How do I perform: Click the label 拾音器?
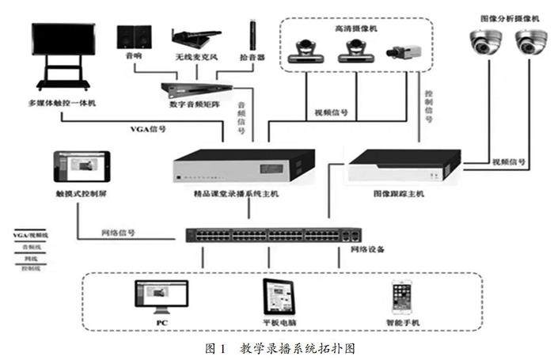pos(253,58)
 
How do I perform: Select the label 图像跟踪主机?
pos(398,192)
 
